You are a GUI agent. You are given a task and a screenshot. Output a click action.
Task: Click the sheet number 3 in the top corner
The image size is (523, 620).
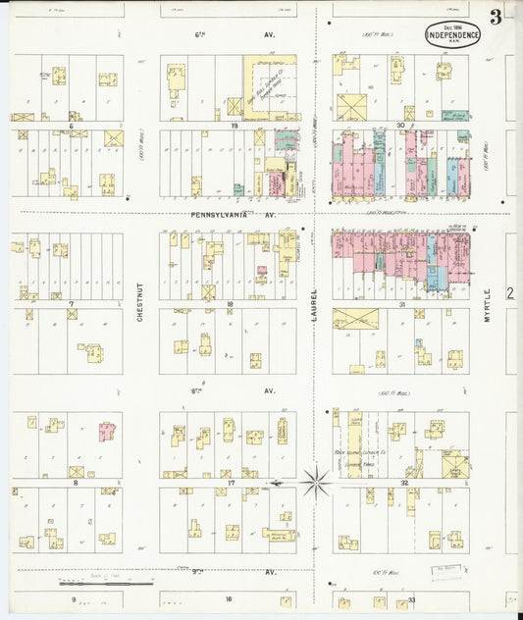[497, 17]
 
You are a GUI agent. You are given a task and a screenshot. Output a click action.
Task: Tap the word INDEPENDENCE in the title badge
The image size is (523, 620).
[453, 36]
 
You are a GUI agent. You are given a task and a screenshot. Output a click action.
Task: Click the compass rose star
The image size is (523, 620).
[315, 482]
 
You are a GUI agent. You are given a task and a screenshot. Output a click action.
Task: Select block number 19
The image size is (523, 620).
[235, 126]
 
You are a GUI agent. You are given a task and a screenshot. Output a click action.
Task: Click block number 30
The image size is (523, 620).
[400, 126]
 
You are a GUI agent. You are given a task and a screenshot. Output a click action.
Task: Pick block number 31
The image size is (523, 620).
[403, 304]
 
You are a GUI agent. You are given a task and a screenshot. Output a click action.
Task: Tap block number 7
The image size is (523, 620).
[71, 304]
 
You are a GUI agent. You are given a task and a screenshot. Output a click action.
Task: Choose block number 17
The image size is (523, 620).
[230, 482]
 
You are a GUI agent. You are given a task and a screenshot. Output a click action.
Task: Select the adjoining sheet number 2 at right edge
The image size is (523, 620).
[510, 292]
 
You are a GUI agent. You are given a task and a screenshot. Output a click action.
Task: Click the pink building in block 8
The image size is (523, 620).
[106, 432]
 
